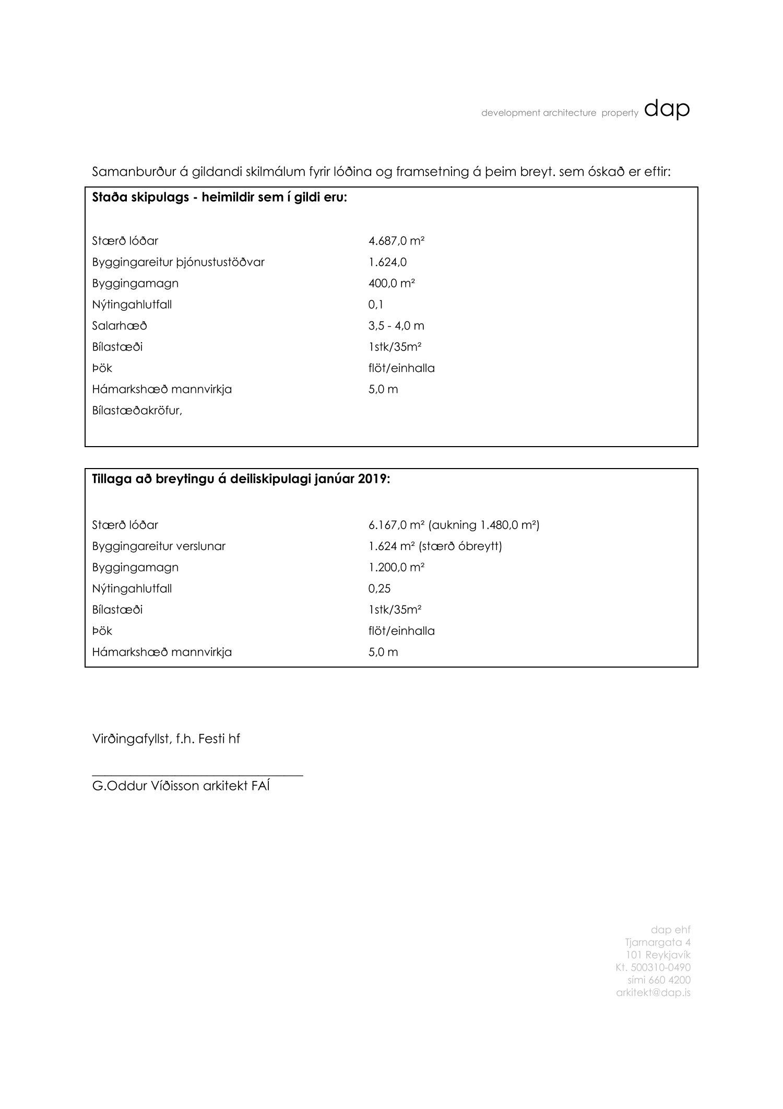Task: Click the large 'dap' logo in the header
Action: (x=667, y=109)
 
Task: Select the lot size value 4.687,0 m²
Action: (x=396, y=241)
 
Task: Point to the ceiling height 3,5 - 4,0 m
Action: (x=396, y=326)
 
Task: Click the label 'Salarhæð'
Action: (x=120, y=326)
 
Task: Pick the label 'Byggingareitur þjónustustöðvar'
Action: (x=178, y=262)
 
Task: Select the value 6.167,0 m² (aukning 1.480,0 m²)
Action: (x=453, y=525)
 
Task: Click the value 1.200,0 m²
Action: (x=396, y=567)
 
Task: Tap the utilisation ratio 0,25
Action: (x=379, y=589)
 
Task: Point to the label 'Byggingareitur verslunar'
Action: (x=159, y=546)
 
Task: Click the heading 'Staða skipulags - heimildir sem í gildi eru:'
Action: (x=219, y=198)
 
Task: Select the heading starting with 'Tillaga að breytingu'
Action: (x=241, y=480)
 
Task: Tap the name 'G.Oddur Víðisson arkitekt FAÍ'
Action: (x=181, y=786)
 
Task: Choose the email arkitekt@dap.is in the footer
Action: (x=653, y=993)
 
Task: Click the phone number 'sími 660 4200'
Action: (x=659, y=980)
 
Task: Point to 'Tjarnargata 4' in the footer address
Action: (x=658, y=942)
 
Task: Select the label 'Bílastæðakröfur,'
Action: (x=137, y=411)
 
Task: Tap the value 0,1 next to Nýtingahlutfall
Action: (x=375, y=305)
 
